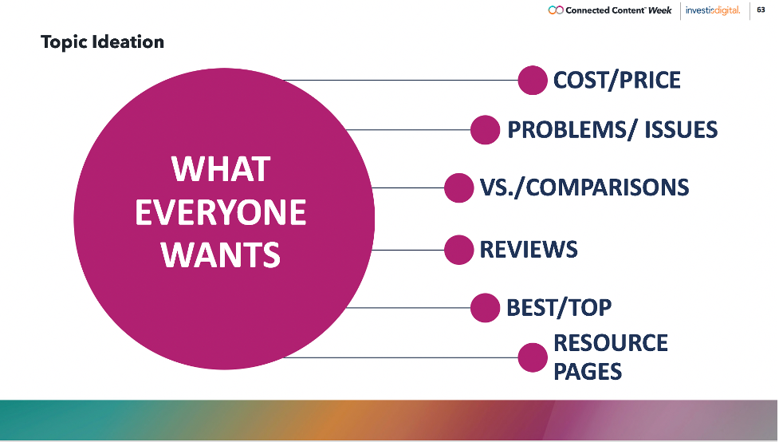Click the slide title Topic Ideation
pyautogui.click(x=102, y=42)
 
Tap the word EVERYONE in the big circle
pyautogui.click(x=221, y=212)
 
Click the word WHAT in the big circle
pyautogui.click(x=221, y=170)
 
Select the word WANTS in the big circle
pyautogui.click(x=221, y=255)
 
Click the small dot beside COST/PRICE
pyautogui.click(x=533, y=80)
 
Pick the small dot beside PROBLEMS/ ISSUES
pyautogui.click(x=485, y=130)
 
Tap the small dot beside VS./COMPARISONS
pyautogui.click(x=459, y=188)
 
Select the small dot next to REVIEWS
pyautogui.click(x=459, y=250)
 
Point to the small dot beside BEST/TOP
pyautogui.click(x=485, y=308)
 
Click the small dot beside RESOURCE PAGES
pyautogui.click(x=533, y=357)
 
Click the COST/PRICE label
pyautogui.click(x=617, y=80)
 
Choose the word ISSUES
pyautogui.click(x=681, y=130)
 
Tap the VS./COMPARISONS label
pyautogui.click(x=584, y=188)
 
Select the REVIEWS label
pyautogui.click(x=529, y=250)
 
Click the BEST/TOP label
pyautogui.click(x=559, y=308)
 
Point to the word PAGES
pyautogui.click(x=588, y=372)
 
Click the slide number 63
pyautogui.click(x=761, y=10)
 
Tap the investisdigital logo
pyautogui.click(x=713, y=10)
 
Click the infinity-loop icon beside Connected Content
pyautogui.click(x=556, y=10)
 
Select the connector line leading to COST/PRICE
pyautogui.click(x=400, y=80)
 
